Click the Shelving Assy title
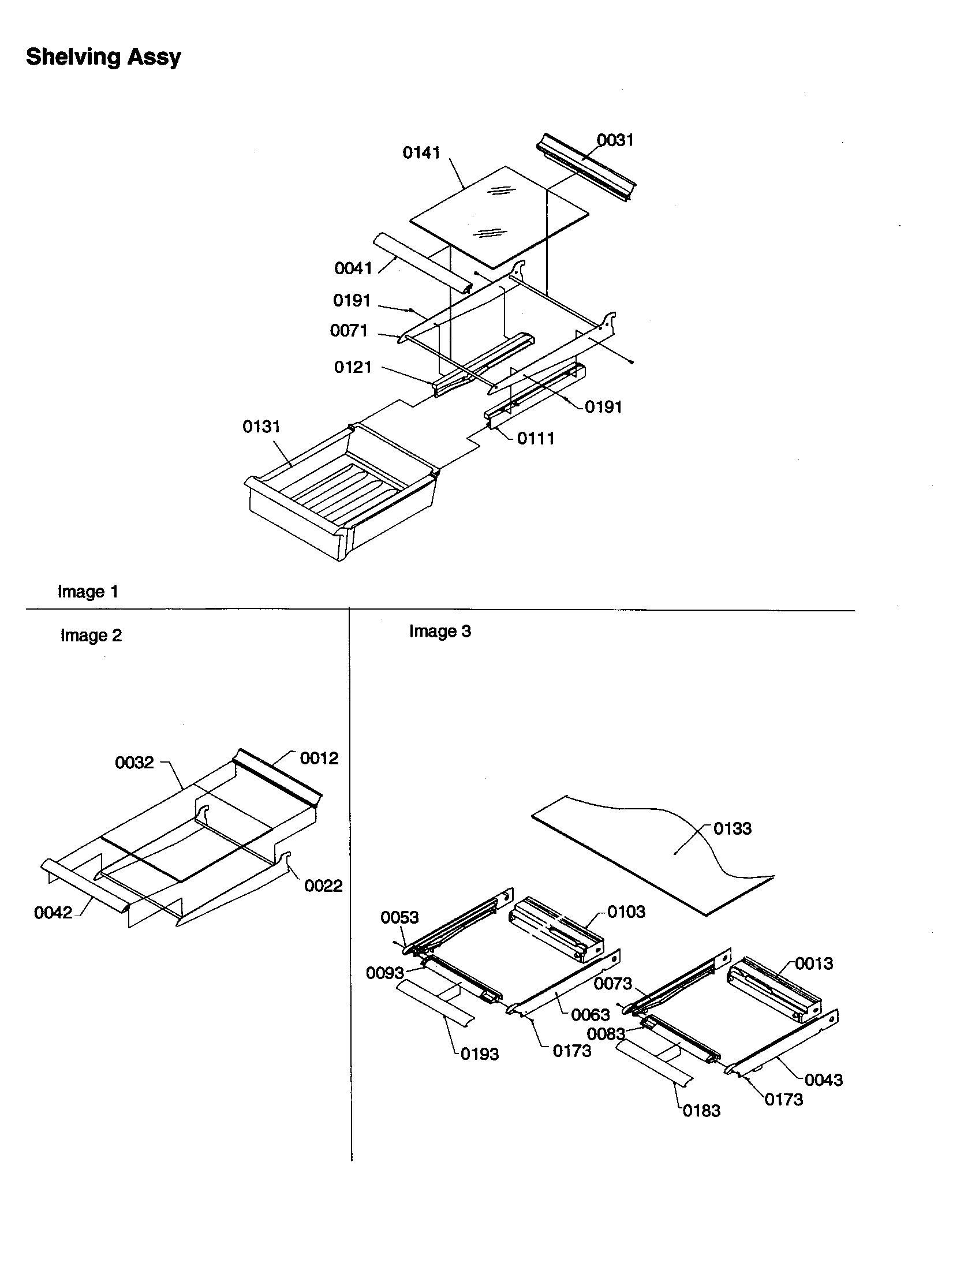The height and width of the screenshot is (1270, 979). (x=103, y=57)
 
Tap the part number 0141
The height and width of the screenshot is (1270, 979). (x=421, y=153)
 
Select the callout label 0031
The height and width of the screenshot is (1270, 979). (x=615, y=140)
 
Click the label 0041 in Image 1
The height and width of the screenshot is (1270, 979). (x=353, y=268)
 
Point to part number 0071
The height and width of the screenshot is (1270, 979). (x=349, y=331)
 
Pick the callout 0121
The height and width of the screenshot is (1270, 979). (x=352, y=368)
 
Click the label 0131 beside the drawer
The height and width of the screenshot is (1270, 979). (x=261, y=427)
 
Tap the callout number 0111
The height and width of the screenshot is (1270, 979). (x=536, y=439)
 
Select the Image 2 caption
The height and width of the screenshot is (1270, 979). (x=91, y=636)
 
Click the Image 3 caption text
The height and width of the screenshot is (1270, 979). (x=440, y=632)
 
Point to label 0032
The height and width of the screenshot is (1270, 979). (x=134, y=763)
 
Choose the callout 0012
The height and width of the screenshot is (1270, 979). (x=319, y=759)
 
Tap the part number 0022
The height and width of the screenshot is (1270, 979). (x=323, y=886)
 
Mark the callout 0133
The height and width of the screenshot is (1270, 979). (x=732, y=828)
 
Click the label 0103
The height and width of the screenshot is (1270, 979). (x=626, y=911)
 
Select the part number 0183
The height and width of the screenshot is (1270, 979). (x=701, y=1111)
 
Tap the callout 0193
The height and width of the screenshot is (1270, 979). (x=480, y=1054)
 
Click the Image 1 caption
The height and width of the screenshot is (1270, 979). (x=88, y=592)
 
